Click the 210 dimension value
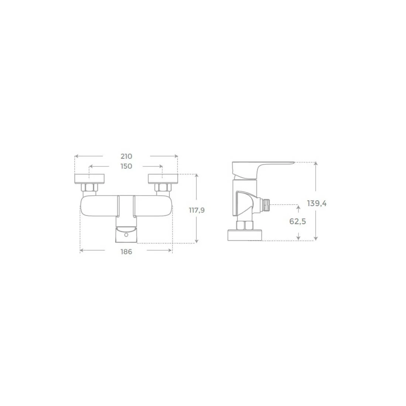(126, 156)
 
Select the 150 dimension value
(126, 166)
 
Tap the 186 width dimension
(126, 252)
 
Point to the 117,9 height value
(197, 210)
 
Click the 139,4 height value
(317, 203)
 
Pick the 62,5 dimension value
(298, 221)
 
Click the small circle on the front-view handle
(126, 235)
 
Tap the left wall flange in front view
(89, 179)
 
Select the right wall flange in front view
(163, 179)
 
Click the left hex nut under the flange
(89, 187)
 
